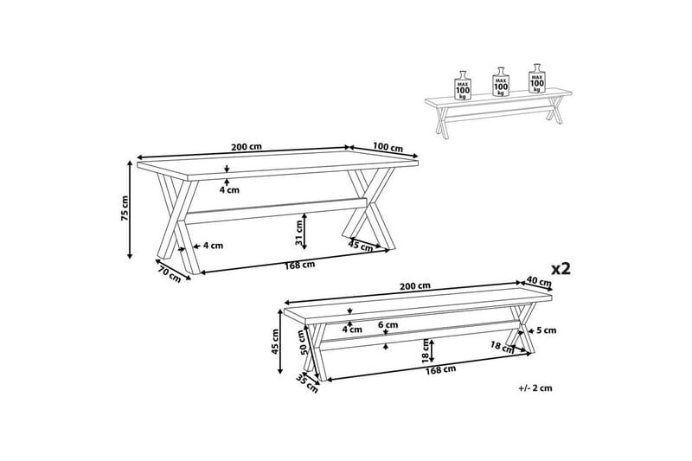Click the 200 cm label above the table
[247, 146]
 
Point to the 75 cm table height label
[125, 208]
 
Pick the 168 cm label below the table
[300, 264]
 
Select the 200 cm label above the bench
[417, 286]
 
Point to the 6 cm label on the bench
[388, 325]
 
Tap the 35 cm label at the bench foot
[303, 381]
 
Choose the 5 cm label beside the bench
[546, 330]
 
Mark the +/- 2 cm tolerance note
[535, 388]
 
